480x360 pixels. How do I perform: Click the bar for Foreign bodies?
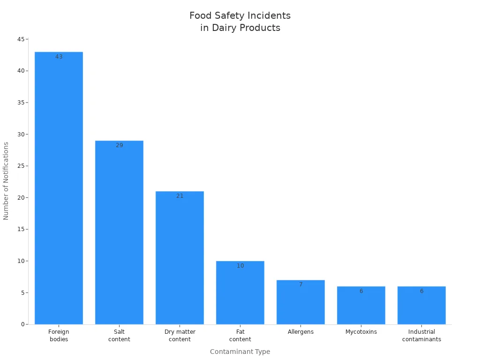(x=59, y=187)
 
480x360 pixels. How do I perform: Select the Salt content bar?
(x=119, y=232)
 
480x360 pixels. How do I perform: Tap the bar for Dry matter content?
(x=180, y=258)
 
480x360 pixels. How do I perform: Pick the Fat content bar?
(x=240, y=292)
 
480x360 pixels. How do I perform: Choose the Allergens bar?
(x=300, y=302)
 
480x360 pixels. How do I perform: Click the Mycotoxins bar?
(x=361, y=306)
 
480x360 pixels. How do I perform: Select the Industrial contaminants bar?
(x=421, y=306)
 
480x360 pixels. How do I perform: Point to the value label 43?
(x=59, y=57)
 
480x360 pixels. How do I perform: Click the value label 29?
(x=119, y=145)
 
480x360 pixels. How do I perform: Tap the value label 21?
(x=180, y=196)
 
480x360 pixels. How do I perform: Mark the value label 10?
(x=240, y=266)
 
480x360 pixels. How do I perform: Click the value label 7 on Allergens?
(x=300, y=285)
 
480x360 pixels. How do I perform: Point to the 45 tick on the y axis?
(x=21, y=39)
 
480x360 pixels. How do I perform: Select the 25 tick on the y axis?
(x=21, y=166)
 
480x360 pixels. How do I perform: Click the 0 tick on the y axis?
(x=22, y=324)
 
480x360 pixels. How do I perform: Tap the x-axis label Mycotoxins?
(x=361, y=332)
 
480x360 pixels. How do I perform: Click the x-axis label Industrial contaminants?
(x=421, y=336)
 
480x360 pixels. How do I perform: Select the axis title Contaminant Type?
(x=240, y=352)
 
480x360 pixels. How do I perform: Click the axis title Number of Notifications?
(x=6, y=181)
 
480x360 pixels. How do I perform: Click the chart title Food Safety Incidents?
(x=240, y=16)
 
